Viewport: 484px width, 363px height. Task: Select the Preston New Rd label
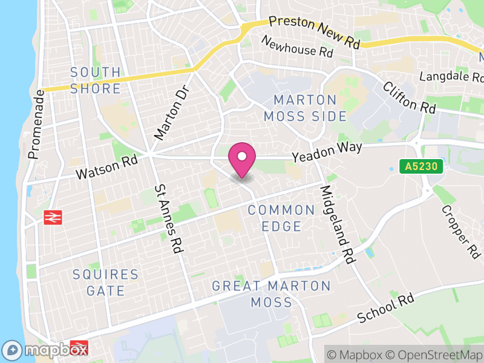(x=314, y=33)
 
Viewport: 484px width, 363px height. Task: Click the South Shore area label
(x=96, y=80)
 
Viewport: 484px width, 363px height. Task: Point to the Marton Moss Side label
(x=310, y=108)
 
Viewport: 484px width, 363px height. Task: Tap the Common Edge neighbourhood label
(x=282, y=218)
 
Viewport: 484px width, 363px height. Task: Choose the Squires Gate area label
(x=106, y=283)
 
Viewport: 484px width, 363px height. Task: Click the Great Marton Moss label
(x=272, y=293)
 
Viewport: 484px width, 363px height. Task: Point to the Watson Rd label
(x=106, y=167)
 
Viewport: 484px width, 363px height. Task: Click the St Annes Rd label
(x=169, y=218)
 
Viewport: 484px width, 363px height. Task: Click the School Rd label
(x=385, y=309)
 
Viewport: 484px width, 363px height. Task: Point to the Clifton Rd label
(x=409, y=97)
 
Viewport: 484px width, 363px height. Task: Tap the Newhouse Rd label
(x=297, y=47)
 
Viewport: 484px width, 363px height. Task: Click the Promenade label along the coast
(x=36, y=124)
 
